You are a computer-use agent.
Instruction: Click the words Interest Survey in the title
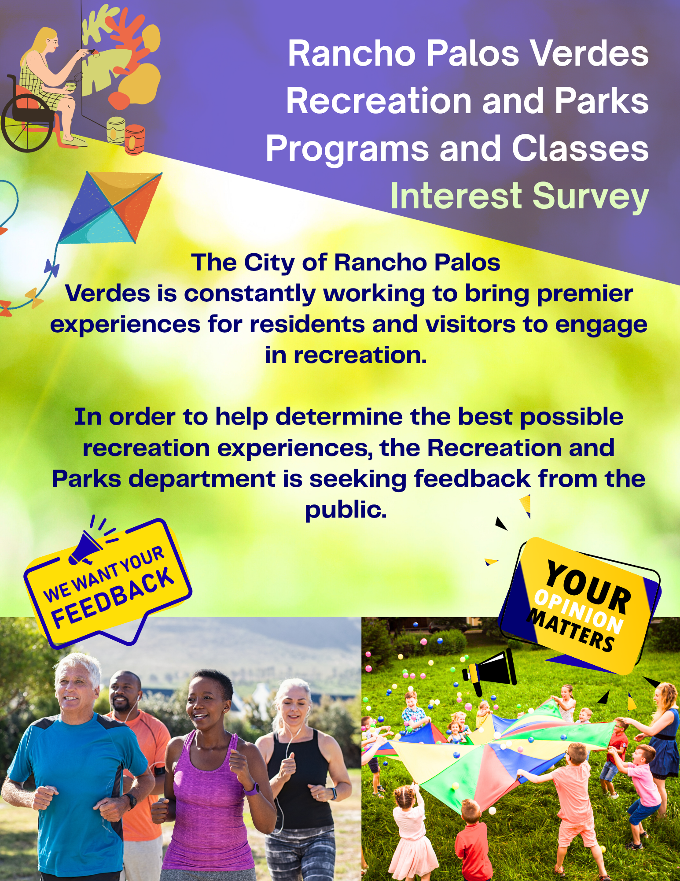[519, 196]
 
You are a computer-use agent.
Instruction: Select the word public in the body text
[346, 510]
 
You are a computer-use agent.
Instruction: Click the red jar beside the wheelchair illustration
[134, 139]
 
